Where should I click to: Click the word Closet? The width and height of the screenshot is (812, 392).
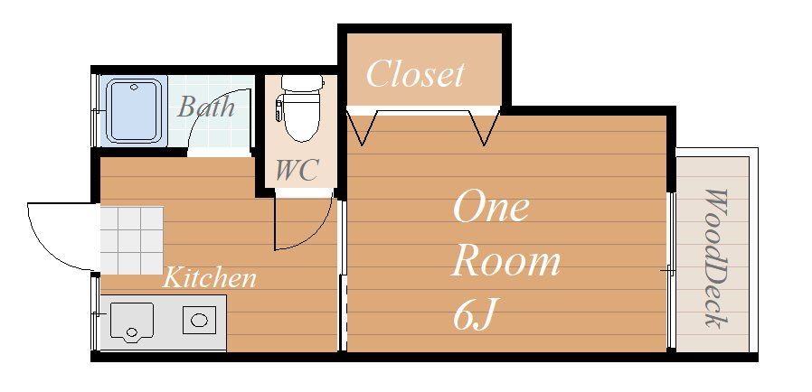415,74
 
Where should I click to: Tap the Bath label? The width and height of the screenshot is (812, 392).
206,107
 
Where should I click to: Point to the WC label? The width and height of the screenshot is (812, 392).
297,170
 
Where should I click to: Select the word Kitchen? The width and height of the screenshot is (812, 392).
209,277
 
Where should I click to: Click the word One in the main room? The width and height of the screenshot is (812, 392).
490,208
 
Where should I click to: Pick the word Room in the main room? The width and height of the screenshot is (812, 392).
505,262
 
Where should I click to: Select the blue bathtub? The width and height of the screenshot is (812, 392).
134,110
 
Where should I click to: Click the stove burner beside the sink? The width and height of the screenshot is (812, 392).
200,319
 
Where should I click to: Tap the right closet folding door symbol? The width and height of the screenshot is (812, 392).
483,126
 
